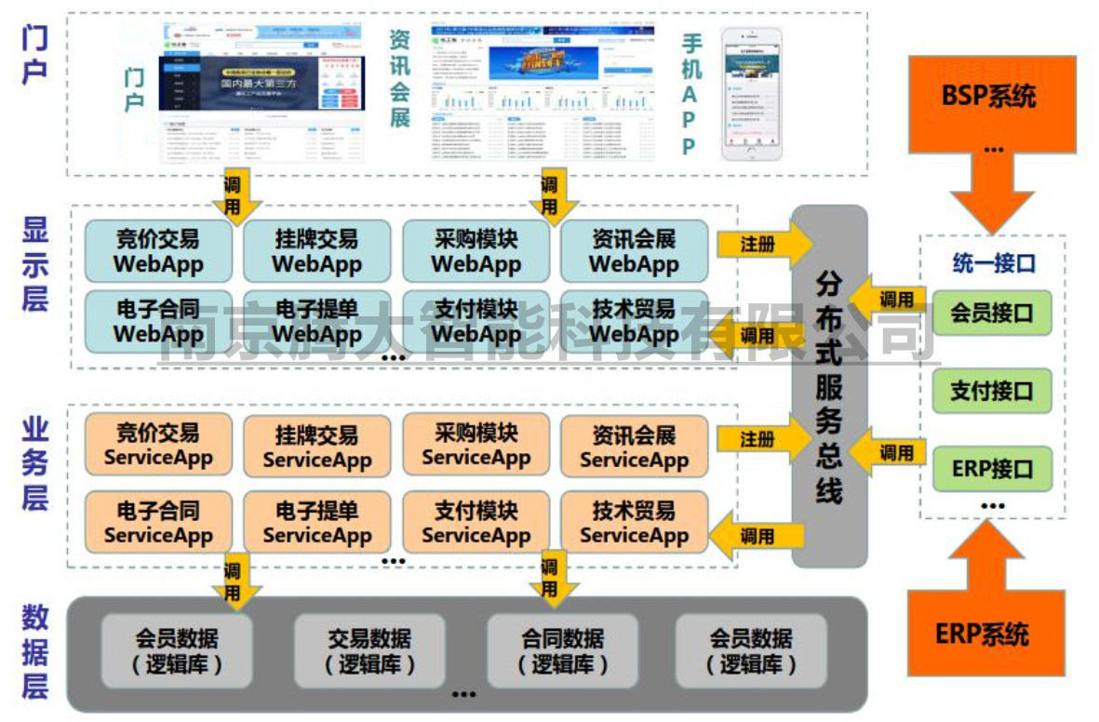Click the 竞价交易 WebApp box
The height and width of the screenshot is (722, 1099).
click(157, 251)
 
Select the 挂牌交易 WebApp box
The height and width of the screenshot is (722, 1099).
click(316, 251)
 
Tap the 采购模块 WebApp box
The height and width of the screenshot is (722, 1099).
click(476, 251)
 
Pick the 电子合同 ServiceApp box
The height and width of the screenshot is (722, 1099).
click(157, 523)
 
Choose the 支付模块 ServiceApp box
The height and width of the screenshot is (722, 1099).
click(476, 523)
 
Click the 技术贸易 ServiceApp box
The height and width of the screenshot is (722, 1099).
click(634, 523)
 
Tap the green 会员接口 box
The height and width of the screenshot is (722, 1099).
click(991, 313)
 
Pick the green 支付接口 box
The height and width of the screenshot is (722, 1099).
click(991, 391)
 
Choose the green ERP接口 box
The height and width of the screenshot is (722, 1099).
click(991, 468)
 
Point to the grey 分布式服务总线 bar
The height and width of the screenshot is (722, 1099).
click(828, 386)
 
